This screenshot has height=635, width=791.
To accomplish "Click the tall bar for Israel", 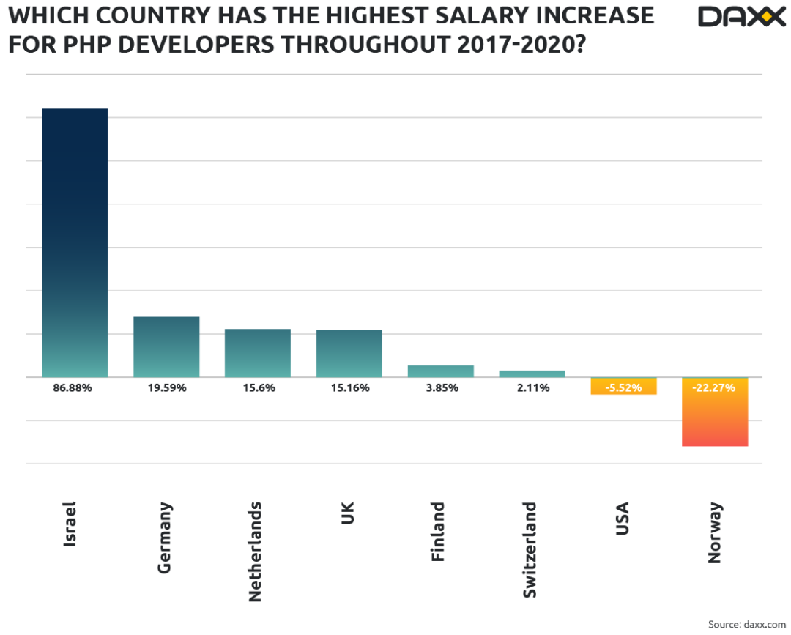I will [75, 242].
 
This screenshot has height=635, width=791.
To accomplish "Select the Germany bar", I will [166, 346].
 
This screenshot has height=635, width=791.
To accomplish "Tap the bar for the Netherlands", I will [258, 353].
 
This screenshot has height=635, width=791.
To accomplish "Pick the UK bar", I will [349, 353].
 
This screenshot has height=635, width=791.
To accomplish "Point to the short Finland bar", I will [441, 371].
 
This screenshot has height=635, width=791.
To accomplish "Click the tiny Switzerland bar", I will [532, 374].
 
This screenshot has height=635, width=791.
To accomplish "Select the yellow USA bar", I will [623, 387].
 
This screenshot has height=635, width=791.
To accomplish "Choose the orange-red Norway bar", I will [715, 421].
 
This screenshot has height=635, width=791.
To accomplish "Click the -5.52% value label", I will [623, 387].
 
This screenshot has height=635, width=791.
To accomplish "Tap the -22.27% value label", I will [715, 387].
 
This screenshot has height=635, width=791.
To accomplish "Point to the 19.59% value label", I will [167, 387].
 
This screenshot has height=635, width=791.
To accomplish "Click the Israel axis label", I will [70, 523].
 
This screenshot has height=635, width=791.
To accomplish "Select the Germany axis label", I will [164, 537].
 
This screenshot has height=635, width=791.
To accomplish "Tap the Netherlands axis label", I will [255, 552].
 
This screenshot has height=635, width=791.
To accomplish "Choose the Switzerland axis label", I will [530, 549].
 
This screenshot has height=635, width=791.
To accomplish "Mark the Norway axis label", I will [715, 532].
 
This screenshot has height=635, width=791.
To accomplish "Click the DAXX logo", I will [741, 16].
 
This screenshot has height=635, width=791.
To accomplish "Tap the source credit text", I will [741, 624].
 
